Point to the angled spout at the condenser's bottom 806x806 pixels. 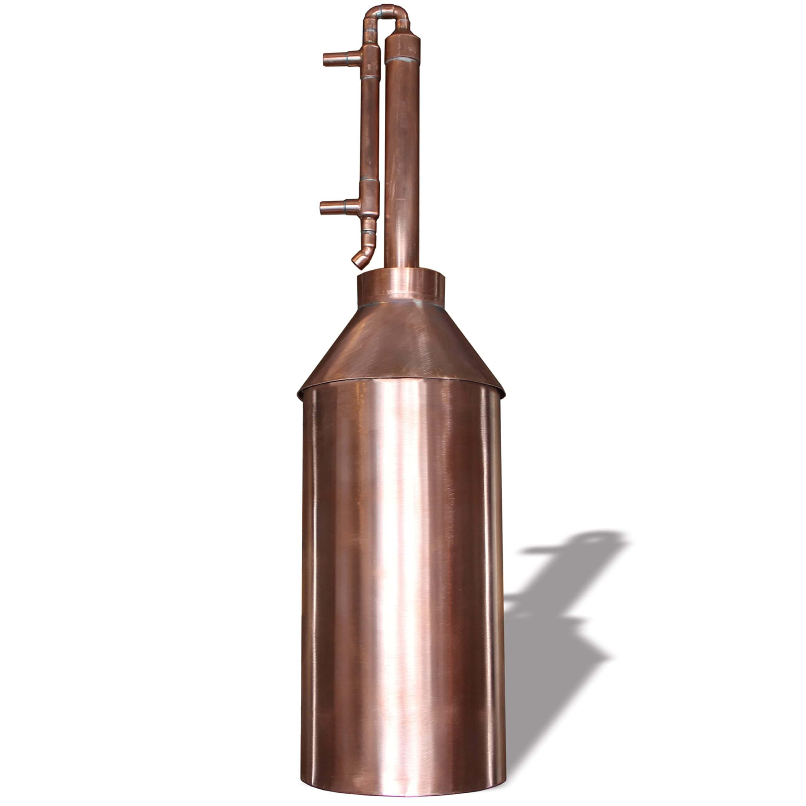coord(361,259)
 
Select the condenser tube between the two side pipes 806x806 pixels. coord(369,129)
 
